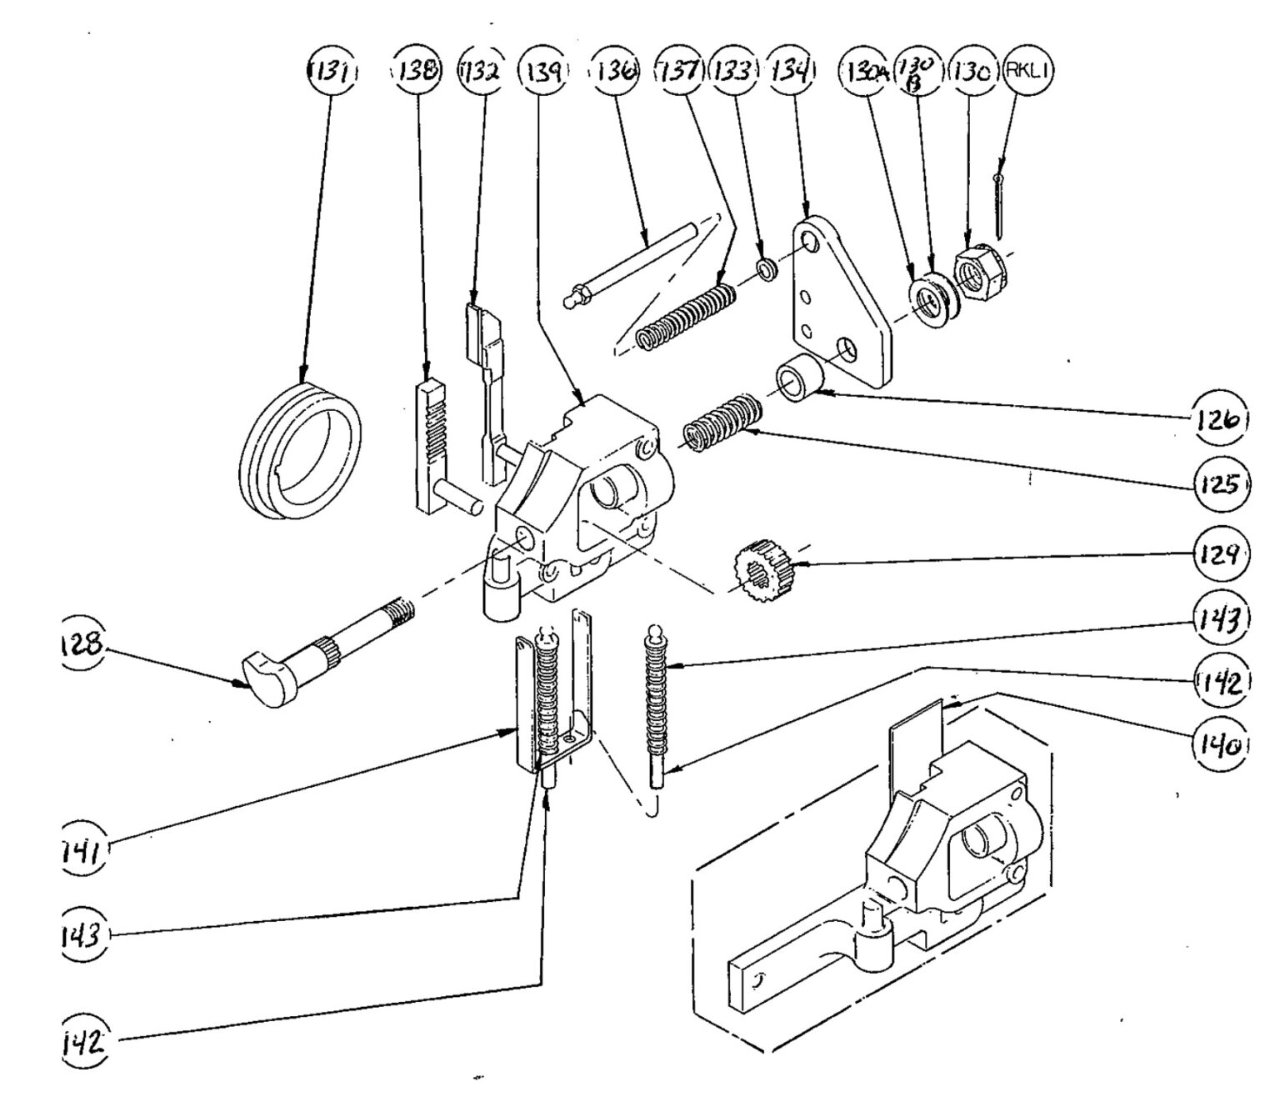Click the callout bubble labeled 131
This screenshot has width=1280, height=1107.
[330, 71]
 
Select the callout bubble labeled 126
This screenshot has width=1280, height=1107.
[1220, 420]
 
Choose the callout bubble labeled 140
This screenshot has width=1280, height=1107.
[1222, 741]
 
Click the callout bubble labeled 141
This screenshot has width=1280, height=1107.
[83, 850]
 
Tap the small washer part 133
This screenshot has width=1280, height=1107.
[765, 268]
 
